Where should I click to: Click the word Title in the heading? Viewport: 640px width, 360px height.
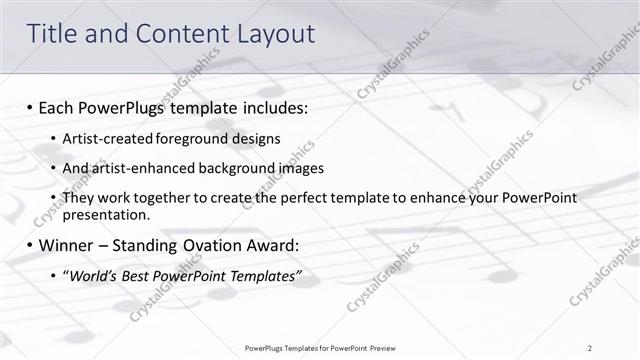tap(54, 34)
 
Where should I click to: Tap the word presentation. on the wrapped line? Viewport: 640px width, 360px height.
tap(106, 214)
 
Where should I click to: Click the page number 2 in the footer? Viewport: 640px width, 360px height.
tap(590, 347)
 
